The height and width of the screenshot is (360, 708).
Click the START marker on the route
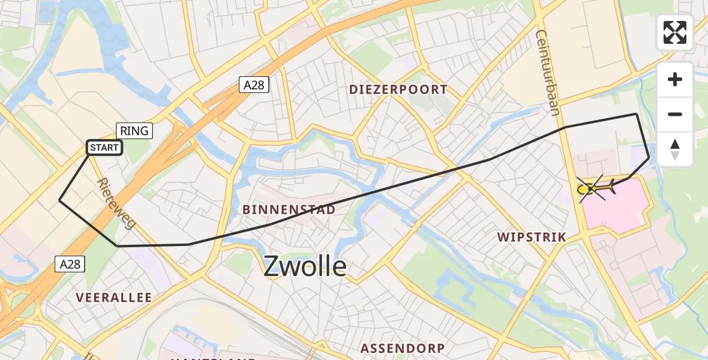click(x=105, y=148)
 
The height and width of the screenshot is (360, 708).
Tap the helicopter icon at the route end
click(x=595, y=189)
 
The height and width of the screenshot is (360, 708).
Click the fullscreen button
click(x=675, y=32)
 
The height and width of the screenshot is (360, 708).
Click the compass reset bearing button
click(x=675, y=149)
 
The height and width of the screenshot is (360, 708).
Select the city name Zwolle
click(x=305, y=266)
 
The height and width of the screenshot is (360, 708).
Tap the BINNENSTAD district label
click(x=287, y=209)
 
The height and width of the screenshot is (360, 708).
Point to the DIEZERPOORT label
click(x=398, y=90)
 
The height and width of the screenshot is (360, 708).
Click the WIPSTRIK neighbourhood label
click(x=532, y=237)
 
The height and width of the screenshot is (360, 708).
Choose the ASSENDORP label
click(x=402, y=348)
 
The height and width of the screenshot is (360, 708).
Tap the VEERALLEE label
click(x=114, y=298)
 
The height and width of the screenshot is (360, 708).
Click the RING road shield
click(x=134, y=130)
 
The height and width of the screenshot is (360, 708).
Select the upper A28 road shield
click(x=254, y=85)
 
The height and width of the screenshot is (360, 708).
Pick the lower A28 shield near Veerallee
click(x=71, y=263)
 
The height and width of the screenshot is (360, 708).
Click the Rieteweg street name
click(x=116, y=203)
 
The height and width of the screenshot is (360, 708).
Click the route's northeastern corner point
click(x=635, y=113)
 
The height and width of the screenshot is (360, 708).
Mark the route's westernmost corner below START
click(x=59, y=200)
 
